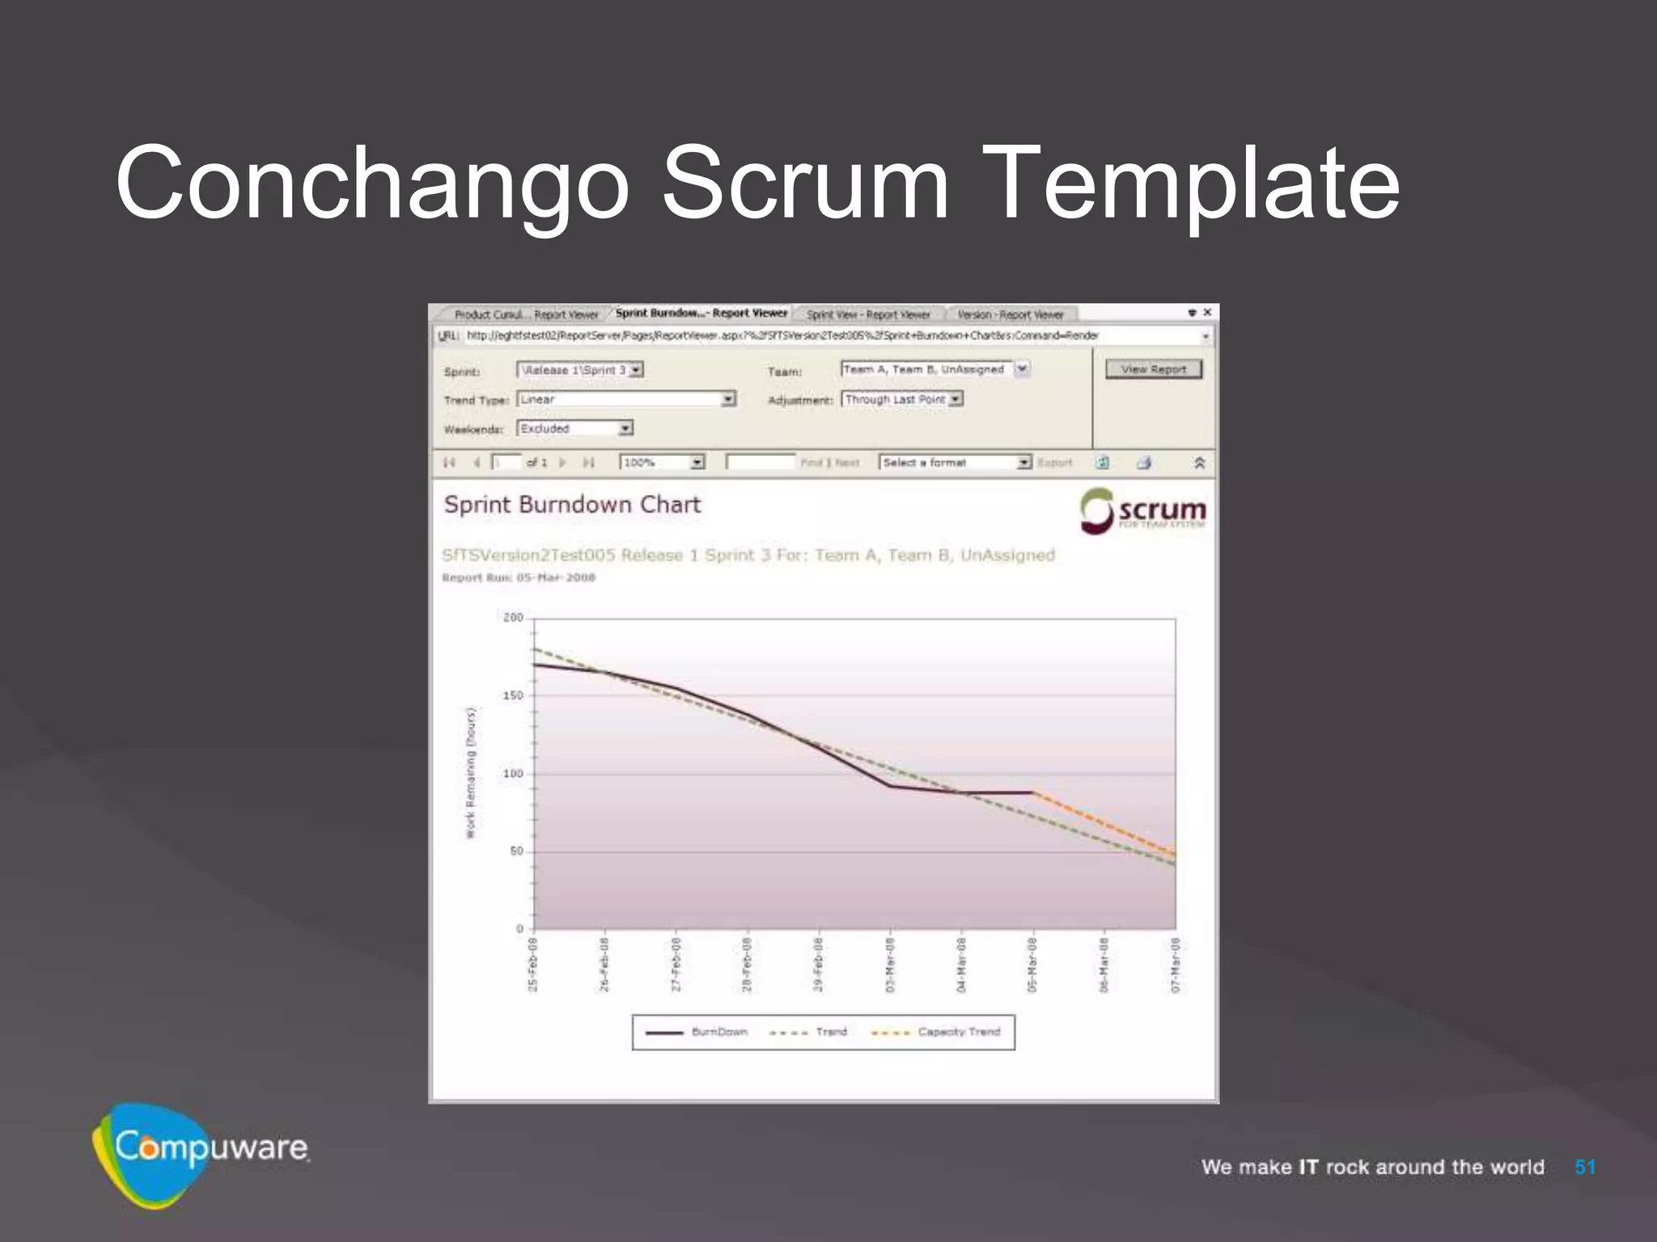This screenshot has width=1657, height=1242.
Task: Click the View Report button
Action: coord(1154,370)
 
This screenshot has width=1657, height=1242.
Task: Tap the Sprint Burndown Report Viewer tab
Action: coord(701,314)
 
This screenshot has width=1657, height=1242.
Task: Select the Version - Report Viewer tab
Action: coord(1010,315)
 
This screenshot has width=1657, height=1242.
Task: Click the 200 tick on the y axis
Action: coord(513,618)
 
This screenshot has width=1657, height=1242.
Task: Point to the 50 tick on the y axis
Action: coord(516,851)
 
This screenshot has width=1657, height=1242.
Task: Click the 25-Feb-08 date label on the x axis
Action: coord(532,965)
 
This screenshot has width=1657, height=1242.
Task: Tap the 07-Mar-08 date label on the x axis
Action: coord(1176,965)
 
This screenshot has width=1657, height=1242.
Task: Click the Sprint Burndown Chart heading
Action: coord(572,505)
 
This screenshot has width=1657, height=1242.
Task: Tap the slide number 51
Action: coord(1585,1167)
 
